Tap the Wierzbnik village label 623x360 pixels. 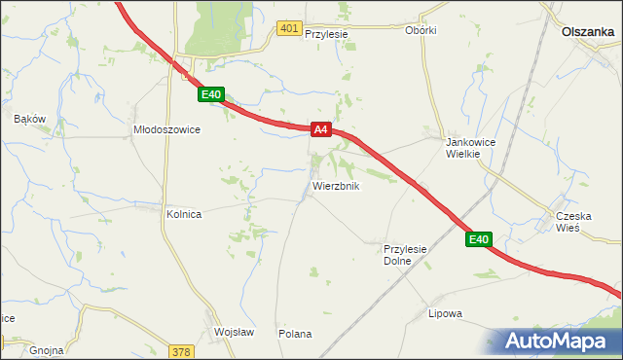337,186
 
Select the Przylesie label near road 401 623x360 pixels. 326,33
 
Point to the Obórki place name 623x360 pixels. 421,30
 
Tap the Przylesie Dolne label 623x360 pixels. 406,255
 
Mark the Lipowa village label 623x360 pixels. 445,313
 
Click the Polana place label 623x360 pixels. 295,334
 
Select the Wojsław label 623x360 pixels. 234,332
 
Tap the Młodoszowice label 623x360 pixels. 166,128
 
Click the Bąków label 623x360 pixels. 30,119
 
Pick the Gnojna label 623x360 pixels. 47,349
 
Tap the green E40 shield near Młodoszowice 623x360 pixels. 212,94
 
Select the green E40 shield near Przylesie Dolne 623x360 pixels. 477,239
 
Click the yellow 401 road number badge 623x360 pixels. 288,29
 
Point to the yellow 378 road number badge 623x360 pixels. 181,351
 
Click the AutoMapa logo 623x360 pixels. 557,340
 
